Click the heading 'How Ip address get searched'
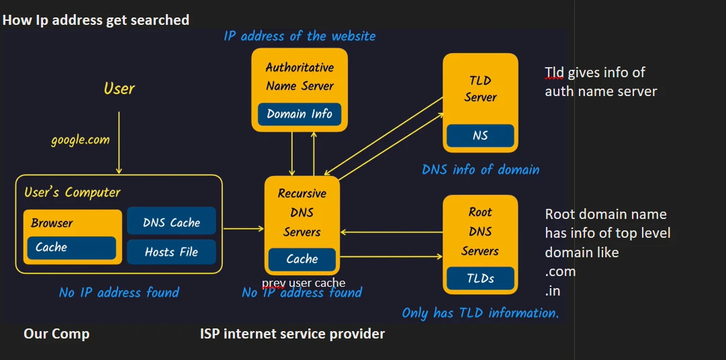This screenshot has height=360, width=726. click(95, 20)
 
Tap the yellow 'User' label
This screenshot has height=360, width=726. click(119, 89)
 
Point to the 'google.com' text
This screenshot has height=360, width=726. click(80, 140)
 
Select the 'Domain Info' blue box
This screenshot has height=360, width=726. click(300, 114)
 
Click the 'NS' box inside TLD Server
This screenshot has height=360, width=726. click(480, 136)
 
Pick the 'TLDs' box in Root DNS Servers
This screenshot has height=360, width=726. click(480, 278)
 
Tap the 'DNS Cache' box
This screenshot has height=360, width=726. click(171, 222)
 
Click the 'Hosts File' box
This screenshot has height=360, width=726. click(171, 253)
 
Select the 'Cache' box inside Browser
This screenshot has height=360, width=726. click(71, 247)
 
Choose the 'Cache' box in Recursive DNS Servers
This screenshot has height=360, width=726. click(302, 259)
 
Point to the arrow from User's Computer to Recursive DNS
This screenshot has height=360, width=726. click(243, 229)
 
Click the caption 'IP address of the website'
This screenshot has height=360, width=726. click(300, 36)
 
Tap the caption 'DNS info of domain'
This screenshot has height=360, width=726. click(480, 169)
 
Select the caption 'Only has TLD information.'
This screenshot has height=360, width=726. click(480, 313)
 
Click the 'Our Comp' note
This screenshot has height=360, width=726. click(56, 334)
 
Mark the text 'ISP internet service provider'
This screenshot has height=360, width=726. click(292, 334)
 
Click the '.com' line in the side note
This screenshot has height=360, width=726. click(560, 272)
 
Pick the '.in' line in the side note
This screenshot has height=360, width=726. click(553, 291)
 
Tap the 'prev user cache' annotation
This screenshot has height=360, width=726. click(304, 283)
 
